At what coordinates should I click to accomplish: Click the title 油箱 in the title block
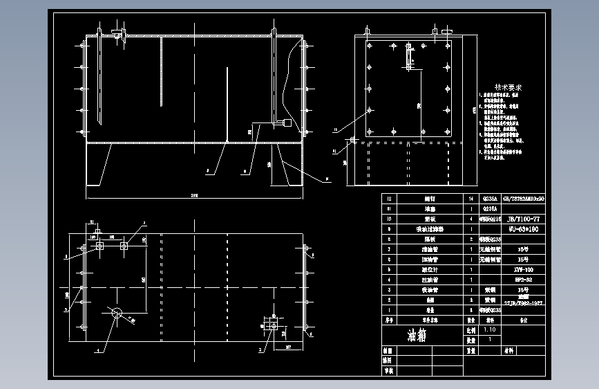tap(417, 336)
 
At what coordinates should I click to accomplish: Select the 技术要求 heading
tap(502, 88)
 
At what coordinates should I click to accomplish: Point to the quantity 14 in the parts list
tap(470, 198)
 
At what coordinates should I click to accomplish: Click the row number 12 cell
tap(390, 198)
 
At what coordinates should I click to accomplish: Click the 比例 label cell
tap(470, 331)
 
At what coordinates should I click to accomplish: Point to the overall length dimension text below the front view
tap(194, 195)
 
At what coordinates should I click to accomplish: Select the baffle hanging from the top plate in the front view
tap(161, 73)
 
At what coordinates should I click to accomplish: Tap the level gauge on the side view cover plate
tap(408, 59)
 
